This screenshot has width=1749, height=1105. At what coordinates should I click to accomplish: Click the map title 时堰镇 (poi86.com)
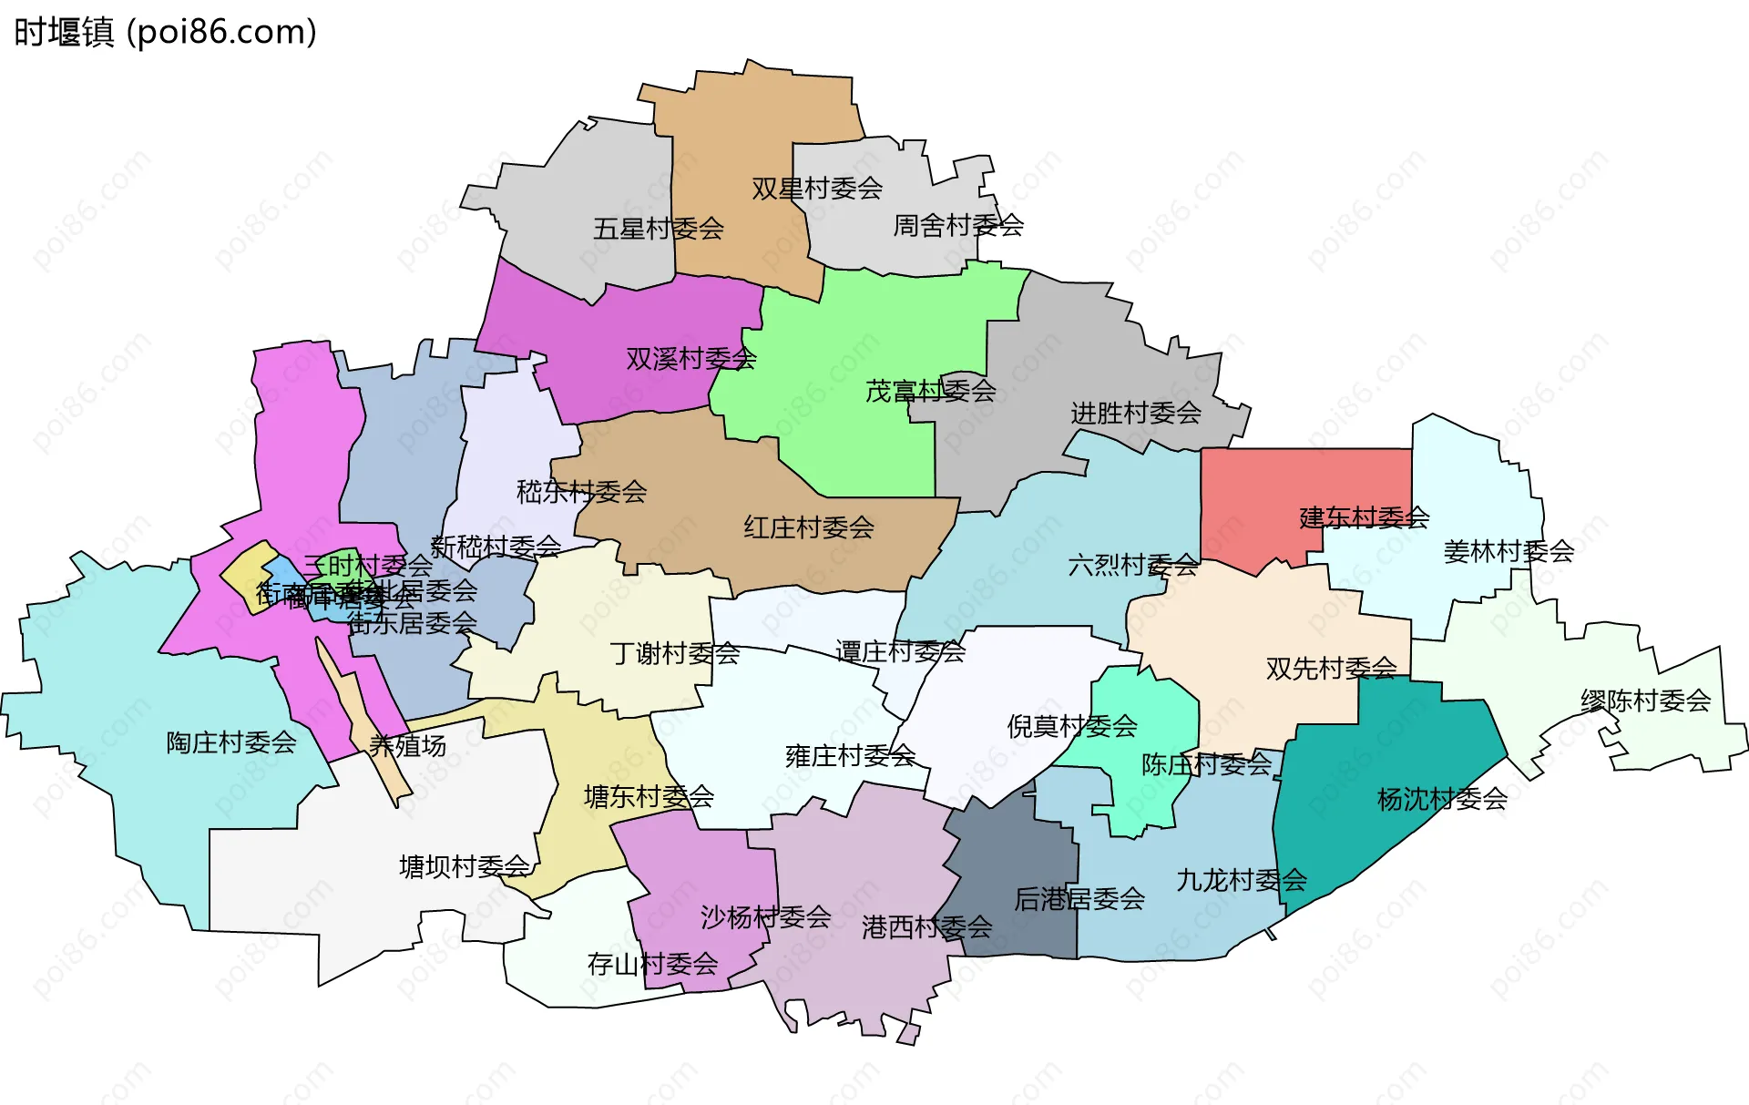[x=165, y=32]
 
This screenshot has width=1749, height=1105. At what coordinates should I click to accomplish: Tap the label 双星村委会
[x=816, y=189]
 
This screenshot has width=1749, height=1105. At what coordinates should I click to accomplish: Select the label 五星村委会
[x=658, y=229]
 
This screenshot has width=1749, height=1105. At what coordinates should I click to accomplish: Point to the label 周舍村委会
[x=957, y=225]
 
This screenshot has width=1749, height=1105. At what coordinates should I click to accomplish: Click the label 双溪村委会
[x=690, y=359]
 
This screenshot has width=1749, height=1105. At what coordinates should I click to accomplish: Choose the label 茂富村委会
[x=930, y=391]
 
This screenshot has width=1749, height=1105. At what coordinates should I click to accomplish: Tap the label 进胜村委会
[x=1135, y=414]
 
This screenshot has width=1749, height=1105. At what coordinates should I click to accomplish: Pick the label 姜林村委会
[x=1509, y=551]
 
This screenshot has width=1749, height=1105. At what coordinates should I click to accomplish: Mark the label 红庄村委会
[x=808, y=527]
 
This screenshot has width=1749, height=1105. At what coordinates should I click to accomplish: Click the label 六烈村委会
[x=1132, y=566]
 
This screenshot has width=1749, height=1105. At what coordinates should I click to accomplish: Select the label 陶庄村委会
[x=230, y=742]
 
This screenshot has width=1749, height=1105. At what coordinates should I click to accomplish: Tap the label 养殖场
[x=407, y=746]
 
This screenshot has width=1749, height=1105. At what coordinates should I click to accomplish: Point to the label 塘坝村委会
[x=464, y=866]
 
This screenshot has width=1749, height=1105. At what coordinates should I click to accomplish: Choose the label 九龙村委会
[x=1241, y=881]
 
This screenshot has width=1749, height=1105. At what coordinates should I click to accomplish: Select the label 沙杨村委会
[x=765, y=917]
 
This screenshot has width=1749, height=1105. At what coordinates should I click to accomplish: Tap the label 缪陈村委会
[x=1645, y=701]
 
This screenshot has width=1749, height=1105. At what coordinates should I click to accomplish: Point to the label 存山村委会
[x=652, y=964]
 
